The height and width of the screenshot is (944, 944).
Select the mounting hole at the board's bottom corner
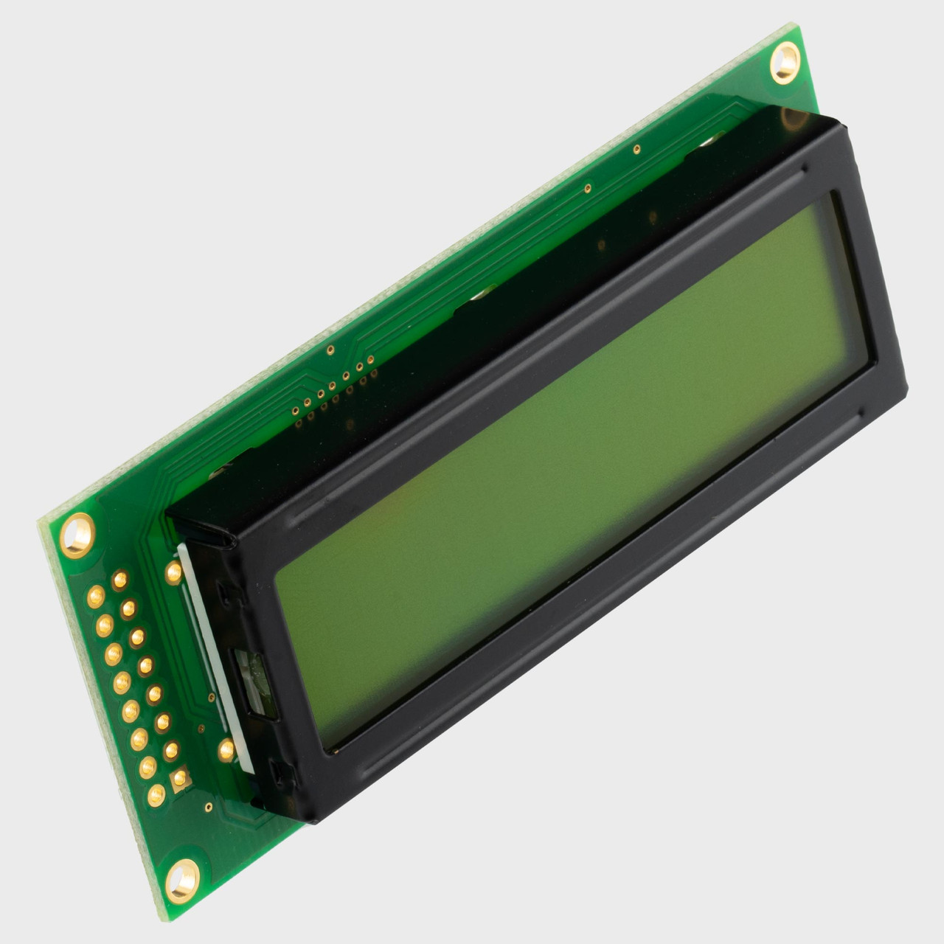(x=181, y=879)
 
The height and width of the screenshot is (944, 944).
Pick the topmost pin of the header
(x=119, y=580)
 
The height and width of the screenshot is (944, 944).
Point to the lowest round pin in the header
(x=156, y=794)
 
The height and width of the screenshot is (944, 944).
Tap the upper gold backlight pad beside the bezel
(x=174, y=572)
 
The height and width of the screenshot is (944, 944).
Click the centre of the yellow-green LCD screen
(x=575, y=472)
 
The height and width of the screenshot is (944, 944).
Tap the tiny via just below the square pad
(x=209, y=806)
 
